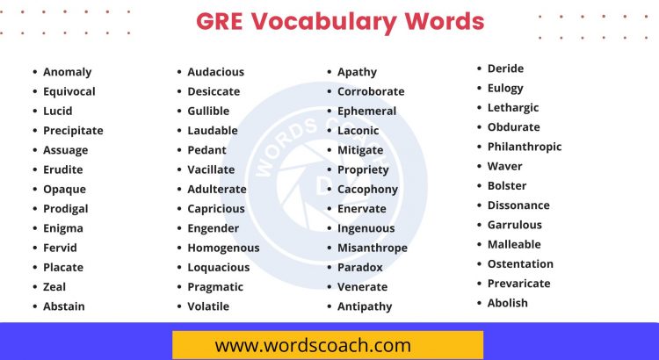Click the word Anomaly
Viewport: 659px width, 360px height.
(67, 72)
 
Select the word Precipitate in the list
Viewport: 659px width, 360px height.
(73, 131)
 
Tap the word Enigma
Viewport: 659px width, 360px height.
(63, 228)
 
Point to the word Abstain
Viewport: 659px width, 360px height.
(64, 306)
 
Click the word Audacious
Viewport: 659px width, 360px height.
(215, 72)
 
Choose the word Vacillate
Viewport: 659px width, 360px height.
(211, 169)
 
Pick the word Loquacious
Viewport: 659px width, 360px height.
(218, 268)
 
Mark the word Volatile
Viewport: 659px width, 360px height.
(208, 306)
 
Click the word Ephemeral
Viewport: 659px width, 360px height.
(366, 112)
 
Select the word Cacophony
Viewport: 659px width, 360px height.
(367, 190)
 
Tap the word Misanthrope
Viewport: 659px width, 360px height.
(373, 248)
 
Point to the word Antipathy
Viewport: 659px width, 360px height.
(365, 306)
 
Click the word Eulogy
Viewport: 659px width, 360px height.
(505, 88)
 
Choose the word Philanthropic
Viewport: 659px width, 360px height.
(525, 147)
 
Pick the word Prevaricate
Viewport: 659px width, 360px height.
(518, 284)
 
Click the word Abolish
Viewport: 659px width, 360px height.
(508, 303)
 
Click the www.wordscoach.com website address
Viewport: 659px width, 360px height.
(313, 345)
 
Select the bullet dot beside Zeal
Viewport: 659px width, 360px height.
(34, 287)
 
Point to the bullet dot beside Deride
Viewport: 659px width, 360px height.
(479, 68)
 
